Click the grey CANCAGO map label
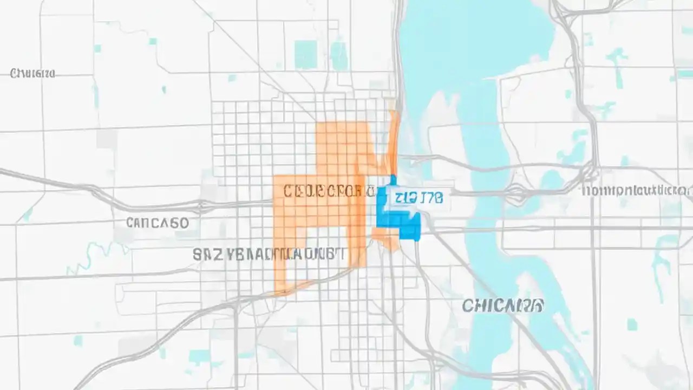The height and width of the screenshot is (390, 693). coord(157,223)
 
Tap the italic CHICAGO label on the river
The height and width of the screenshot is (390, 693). coord(503,305)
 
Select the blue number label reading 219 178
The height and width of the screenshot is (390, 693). coord(419,197)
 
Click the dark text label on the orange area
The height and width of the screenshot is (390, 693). coord(328,191)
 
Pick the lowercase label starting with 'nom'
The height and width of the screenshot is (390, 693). coord(636,191)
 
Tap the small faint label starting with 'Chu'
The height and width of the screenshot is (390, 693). coord(32,73)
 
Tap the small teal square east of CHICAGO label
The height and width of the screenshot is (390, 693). coord(632,324)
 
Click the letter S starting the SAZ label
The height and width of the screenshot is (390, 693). coord(198,254)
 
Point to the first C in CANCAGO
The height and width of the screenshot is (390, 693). coord(130,223)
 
